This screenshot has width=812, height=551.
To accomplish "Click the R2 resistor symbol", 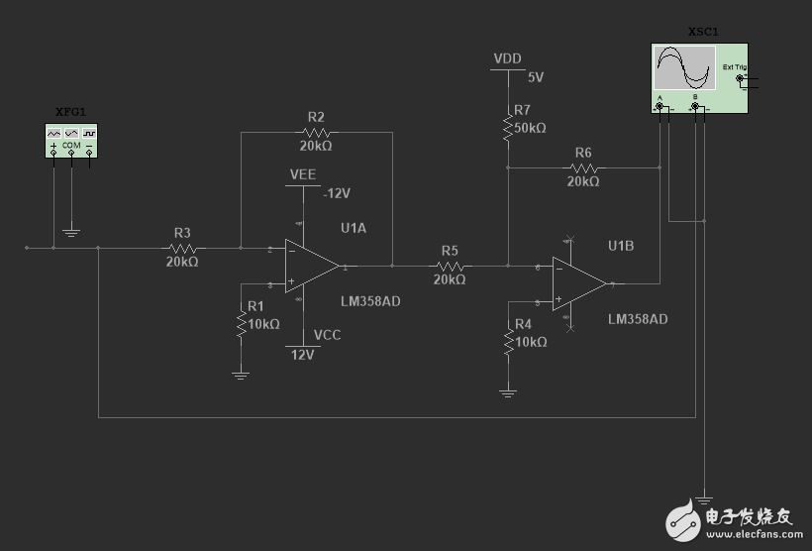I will pos(316,131).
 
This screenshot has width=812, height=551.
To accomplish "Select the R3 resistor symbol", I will pos(182,248).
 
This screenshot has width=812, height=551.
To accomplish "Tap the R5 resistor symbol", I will pos(451,266).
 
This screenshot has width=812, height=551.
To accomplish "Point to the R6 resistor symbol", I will pos(583,167).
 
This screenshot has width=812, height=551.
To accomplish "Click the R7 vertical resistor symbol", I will pos(507,127).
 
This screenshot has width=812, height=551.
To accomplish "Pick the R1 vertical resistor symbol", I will pos(241,323).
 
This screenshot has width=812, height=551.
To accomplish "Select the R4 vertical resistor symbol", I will pos(508,341).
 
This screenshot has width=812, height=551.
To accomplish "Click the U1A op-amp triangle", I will pos(311,266).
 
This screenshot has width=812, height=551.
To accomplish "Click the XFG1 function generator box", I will pos(71,139).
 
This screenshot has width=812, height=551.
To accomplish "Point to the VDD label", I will pos(507,59).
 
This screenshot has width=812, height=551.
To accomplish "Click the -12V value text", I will pos(337,193).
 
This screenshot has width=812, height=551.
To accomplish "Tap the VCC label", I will pos(327,335).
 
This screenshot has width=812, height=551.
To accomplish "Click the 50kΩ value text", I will pos(530,129).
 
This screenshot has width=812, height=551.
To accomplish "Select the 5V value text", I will pos(536,76).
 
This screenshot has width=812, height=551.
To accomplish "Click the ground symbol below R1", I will pos(241,375).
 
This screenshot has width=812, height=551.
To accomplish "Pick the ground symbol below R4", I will pos(508,392).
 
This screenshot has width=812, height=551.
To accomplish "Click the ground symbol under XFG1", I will pos(71,233).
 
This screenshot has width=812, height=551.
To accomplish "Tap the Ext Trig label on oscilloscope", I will pos(734,68).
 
